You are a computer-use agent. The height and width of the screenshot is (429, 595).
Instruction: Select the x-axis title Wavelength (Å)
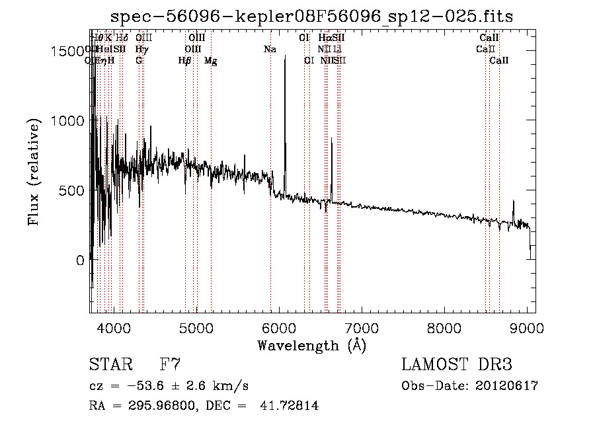(311, 345)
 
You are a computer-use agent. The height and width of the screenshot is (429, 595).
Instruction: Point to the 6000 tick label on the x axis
(278, 327)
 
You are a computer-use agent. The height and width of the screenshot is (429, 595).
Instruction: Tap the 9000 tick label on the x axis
(527, 327)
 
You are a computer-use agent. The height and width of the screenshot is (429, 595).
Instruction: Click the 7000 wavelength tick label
(361, 327)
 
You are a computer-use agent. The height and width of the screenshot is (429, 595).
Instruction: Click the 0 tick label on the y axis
(79, 260)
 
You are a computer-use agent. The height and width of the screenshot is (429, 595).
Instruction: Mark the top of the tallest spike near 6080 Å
(285, 57)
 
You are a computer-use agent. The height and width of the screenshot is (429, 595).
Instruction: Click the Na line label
(270, 50)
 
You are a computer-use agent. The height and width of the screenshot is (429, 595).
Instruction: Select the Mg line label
(211, 61)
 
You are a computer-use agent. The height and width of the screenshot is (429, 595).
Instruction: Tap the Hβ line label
(185, 61)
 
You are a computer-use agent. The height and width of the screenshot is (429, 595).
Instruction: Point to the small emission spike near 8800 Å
(514, 202)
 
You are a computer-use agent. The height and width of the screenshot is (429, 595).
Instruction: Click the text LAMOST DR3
(456, 365)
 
